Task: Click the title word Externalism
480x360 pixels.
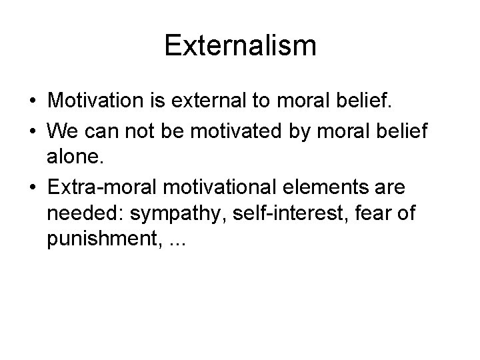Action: (x=240, y=46)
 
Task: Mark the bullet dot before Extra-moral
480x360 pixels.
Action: (x=32, y=187)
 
